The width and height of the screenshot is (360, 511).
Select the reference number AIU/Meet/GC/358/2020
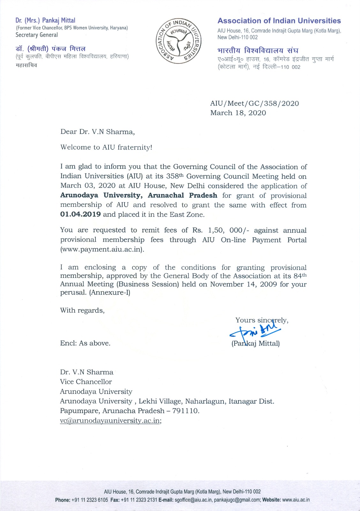tap(254, 103)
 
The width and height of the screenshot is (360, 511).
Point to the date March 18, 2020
tap(238, 113)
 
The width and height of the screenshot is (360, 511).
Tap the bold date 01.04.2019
tap(80, 214)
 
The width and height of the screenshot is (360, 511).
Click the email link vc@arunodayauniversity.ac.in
tap(110, 420)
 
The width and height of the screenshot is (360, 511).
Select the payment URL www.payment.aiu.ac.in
tap(102, 249)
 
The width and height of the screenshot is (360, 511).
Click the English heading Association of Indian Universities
tap(279, 21)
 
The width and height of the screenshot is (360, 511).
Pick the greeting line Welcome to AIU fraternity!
tap(106, 147)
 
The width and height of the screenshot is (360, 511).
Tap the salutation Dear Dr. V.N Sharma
tap(98, 132)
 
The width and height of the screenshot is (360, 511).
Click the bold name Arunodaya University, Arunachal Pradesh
tap(139, 195)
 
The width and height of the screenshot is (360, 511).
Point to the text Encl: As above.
tap(85, 343)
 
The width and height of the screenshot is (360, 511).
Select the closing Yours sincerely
tap(262, 320)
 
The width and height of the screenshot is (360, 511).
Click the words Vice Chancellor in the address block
tap(86, 382)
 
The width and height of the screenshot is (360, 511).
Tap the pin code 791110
tap(185, 411)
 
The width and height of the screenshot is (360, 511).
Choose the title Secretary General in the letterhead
tap(37, 35)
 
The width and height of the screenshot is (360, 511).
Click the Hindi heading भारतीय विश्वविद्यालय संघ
tap(258, 50)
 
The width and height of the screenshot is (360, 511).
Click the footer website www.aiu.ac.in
tap(296, 500)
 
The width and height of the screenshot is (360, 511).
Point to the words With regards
tap(82, 310)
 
